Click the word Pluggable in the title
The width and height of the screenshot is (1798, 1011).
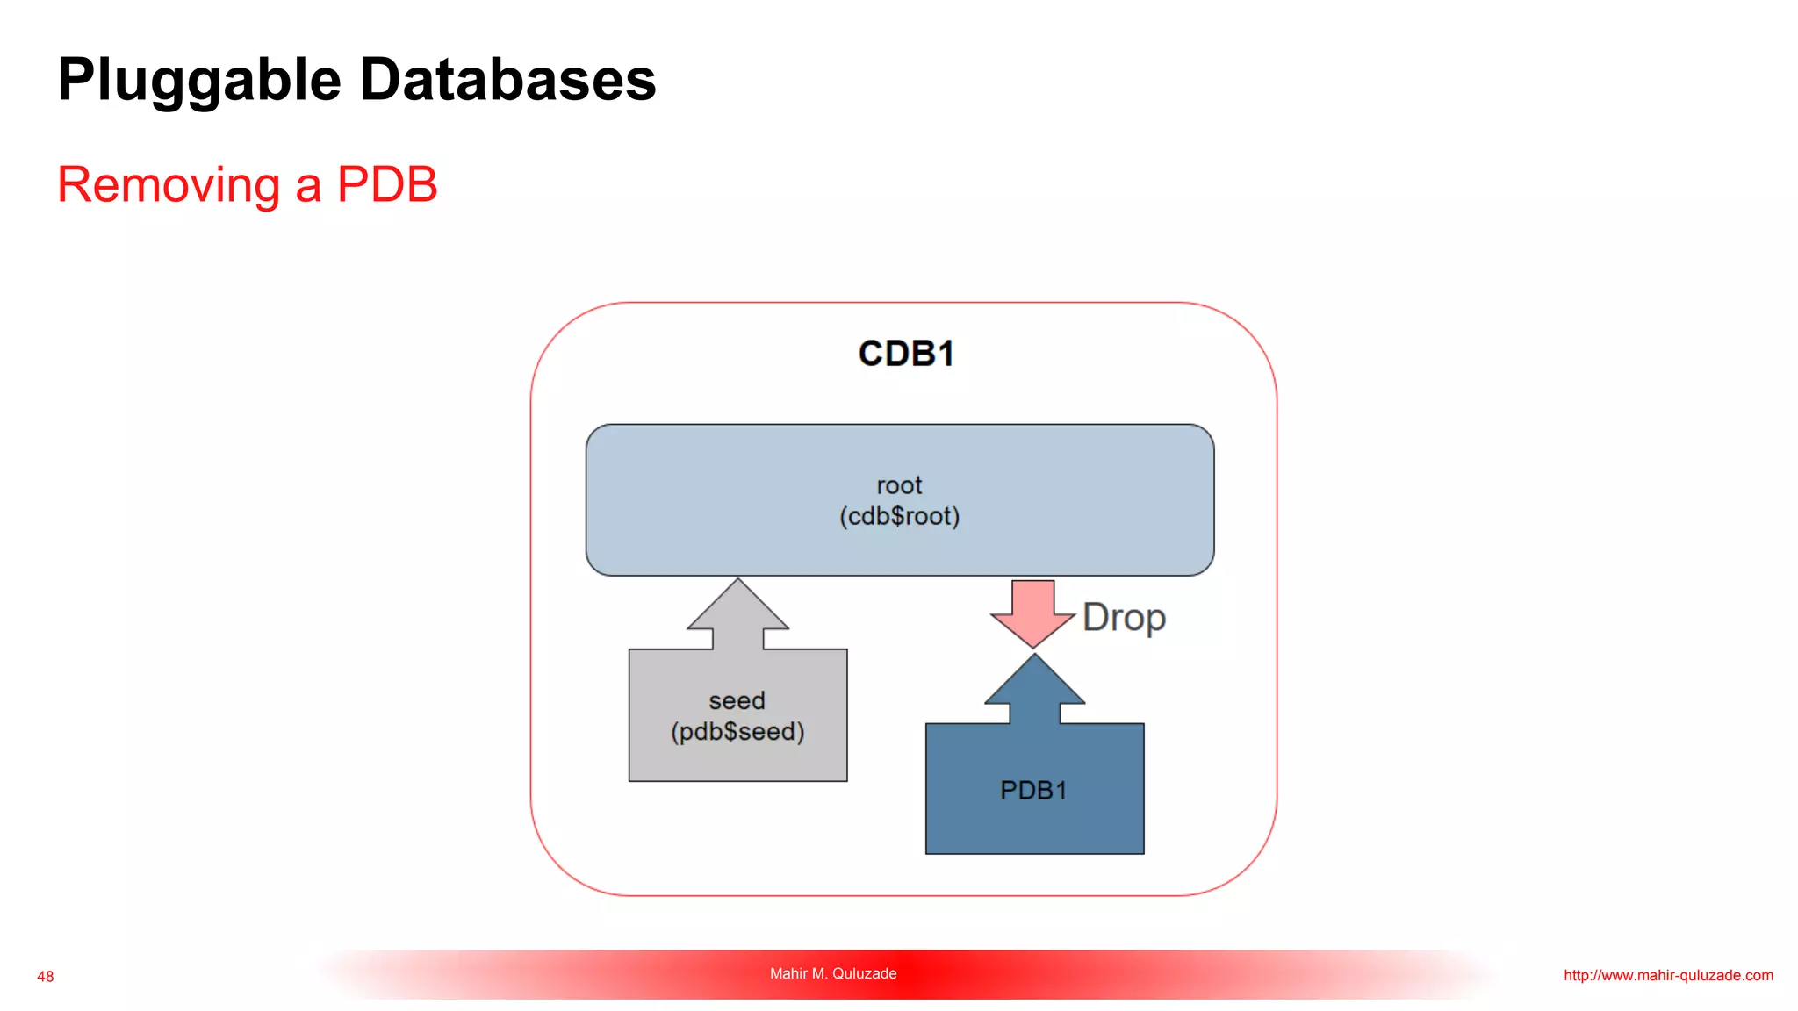[199, 81]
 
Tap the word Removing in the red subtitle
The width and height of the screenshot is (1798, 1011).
[169, 185]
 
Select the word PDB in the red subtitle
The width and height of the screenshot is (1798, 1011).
[387, 184]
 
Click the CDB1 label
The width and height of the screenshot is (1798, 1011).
[906, 354]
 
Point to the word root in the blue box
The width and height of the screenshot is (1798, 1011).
[899, 485]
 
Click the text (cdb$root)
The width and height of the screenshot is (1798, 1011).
[899, 516]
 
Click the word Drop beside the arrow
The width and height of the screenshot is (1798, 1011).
[1124, 618]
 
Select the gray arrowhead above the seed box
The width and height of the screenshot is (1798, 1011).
[737, 609]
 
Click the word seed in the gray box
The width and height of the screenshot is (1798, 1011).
[737, 700]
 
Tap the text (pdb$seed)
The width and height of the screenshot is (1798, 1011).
[737, 731]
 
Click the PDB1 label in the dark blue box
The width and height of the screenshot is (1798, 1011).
[1033, 791]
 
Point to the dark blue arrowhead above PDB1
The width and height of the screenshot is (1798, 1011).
[1034, 685]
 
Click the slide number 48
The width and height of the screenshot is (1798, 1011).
[46, 977]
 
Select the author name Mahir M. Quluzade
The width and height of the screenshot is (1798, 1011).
[832, 973]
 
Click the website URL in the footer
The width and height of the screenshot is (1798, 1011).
[1667, 975]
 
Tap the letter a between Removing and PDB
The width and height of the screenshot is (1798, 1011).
[308, 187]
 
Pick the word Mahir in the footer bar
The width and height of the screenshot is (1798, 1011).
[788, 973]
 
